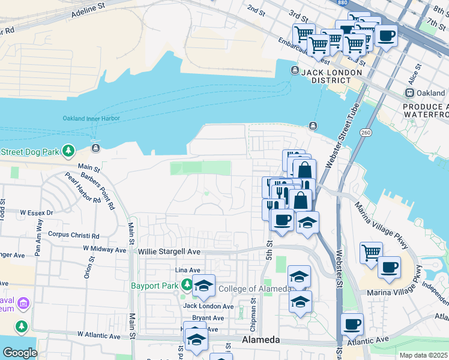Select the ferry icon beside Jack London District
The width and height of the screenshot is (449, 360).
click(x=295, y=71)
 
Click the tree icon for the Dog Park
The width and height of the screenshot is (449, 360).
click(x=69, y=150)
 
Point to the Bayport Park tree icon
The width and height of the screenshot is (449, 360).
click(x=187, y=285)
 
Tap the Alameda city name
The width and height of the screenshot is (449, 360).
click(x=261, y=340)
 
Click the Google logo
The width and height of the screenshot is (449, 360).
click(x=20, y=353)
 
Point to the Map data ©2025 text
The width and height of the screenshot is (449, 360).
click(x=423, y=355)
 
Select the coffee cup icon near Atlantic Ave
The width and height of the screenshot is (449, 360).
click(x=352, y=324)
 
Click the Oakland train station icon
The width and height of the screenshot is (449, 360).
click(x=410, y=93)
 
